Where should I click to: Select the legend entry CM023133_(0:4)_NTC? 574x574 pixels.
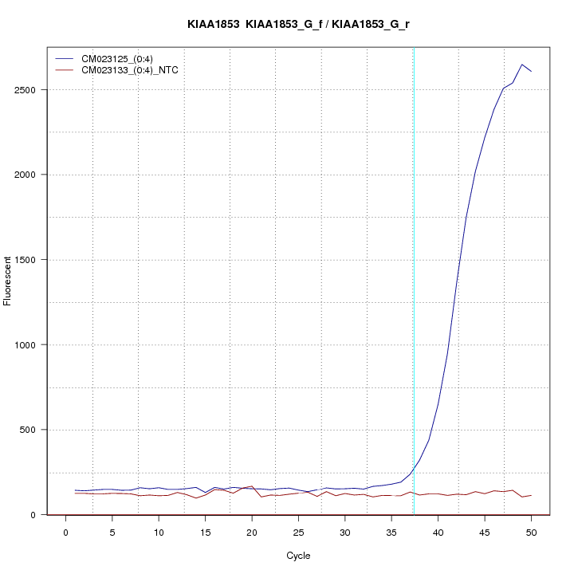(x=136, y=70)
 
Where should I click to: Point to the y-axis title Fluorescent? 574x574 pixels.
(x=8, y=281)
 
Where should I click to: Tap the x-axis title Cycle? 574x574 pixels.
(x=298, y=556)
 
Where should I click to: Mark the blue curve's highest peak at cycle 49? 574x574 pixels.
(x=522, y=65)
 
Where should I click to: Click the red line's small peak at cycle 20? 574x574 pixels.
(x=252, y=486)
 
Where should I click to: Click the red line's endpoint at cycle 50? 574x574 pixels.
(x=531, y=495)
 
